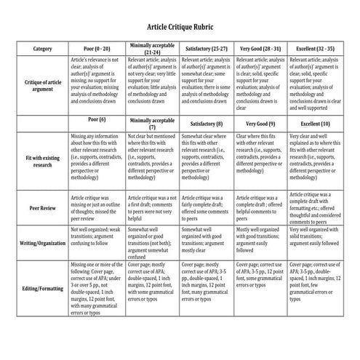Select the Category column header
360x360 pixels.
point(42,48)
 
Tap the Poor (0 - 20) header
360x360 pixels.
point(97,48)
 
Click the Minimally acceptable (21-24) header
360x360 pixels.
point(153,48)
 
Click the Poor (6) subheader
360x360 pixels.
point(97,119)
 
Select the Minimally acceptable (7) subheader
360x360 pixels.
point(153,121)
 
